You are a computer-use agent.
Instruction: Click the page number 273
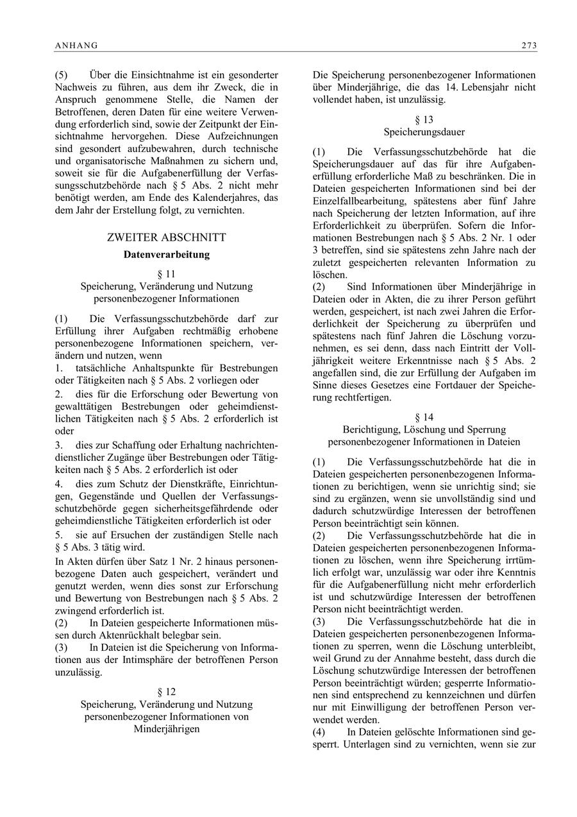click(x=529, y=45)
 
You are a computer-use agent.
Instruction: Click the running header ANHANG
click(x=76, y=45)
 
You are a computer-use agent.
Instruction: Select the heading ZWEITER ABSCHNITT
click(x=167, y=237)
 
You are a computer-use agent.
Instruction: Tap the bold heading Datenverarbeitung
click(x=167, y=254)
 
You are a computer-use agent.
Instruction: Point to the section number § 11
click(x=167, y=274)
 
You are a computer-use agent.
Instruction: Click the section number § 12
click(x=167, y=692)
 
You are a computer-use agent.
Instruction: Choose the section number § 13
click(x=424, y=119)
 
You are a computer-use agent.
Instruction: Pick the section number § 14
click(x=424, y=417)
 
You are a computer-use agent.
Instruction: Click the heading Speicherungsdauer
click(x=424, y=132)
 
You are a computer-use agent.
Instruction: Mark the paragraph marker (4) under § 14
click(x=319, y=732)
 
